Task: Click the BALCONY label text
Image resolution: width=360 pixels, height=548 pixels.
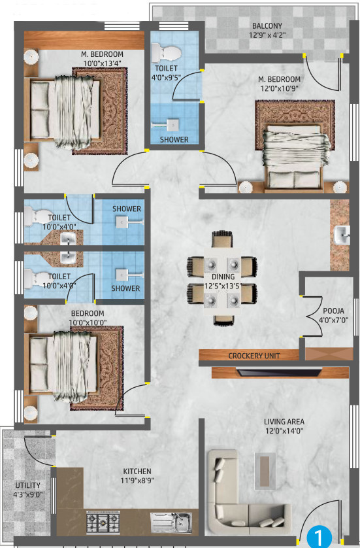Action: click(267, 26)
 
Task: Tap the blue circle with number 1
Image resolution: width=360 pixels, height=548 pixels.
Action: click(319, 536)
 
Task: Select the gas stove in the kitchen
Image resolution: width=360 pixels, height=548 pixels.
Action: click(103, 522)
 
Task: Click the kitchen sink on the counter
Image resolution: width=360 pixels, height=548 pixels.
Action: click(171, 522)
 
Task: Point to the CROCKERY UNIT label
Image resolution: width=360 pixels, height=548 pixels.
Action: click(254, 356)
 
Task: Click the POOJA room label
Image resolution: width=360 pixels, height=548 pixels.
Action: click(333, 311)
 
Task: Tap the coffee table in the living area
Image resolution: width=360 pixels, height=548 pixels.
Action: click(265, 471)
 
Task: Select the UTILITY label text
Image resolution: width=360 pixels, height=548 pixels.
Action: click(27, 485)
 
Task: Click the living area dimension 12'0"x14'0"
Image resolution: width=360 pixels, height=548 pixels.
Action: click(284, 431)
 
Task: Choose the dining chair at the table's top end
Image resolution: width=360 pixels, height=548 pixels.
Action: click(222, 239)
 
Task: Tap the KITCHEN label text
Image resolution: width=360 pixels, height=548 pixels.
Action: click(137, 471)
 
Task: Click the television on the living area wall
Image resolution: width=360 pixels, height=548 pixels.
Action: click(278, 372)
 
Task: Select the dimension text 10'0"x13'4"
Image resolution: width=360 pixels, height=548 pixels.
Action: click(103, 63)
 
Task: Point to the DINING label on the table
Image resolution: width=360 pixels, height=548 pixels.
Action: click(223, 277)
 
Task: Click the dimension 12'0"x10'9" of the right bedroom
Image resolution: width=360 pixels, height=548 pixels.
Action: click(280, 88)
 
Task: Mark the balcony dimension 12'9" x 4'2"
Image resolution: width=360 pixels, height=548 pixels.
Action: click(267, 35)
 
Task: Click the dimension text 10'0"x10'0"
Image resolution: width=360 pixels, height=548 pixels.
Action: click(88, 322)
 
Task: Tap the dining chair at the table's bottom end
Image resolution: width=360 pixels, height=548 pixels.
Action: click(223, 320)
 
